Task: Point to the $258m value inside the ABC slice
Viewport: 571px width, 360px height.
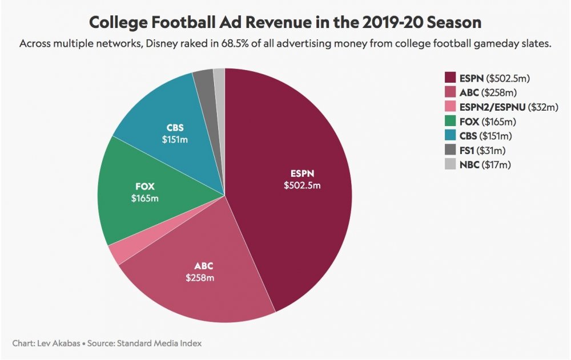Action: (200, 278)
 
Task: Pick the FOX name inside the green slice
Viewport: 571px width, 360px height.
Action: (145, 186)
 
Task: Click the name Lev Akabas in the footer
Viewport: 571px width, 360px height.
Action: (57, 343)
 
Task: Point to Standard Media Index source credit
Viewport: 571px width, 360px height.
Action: (160, 343)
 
